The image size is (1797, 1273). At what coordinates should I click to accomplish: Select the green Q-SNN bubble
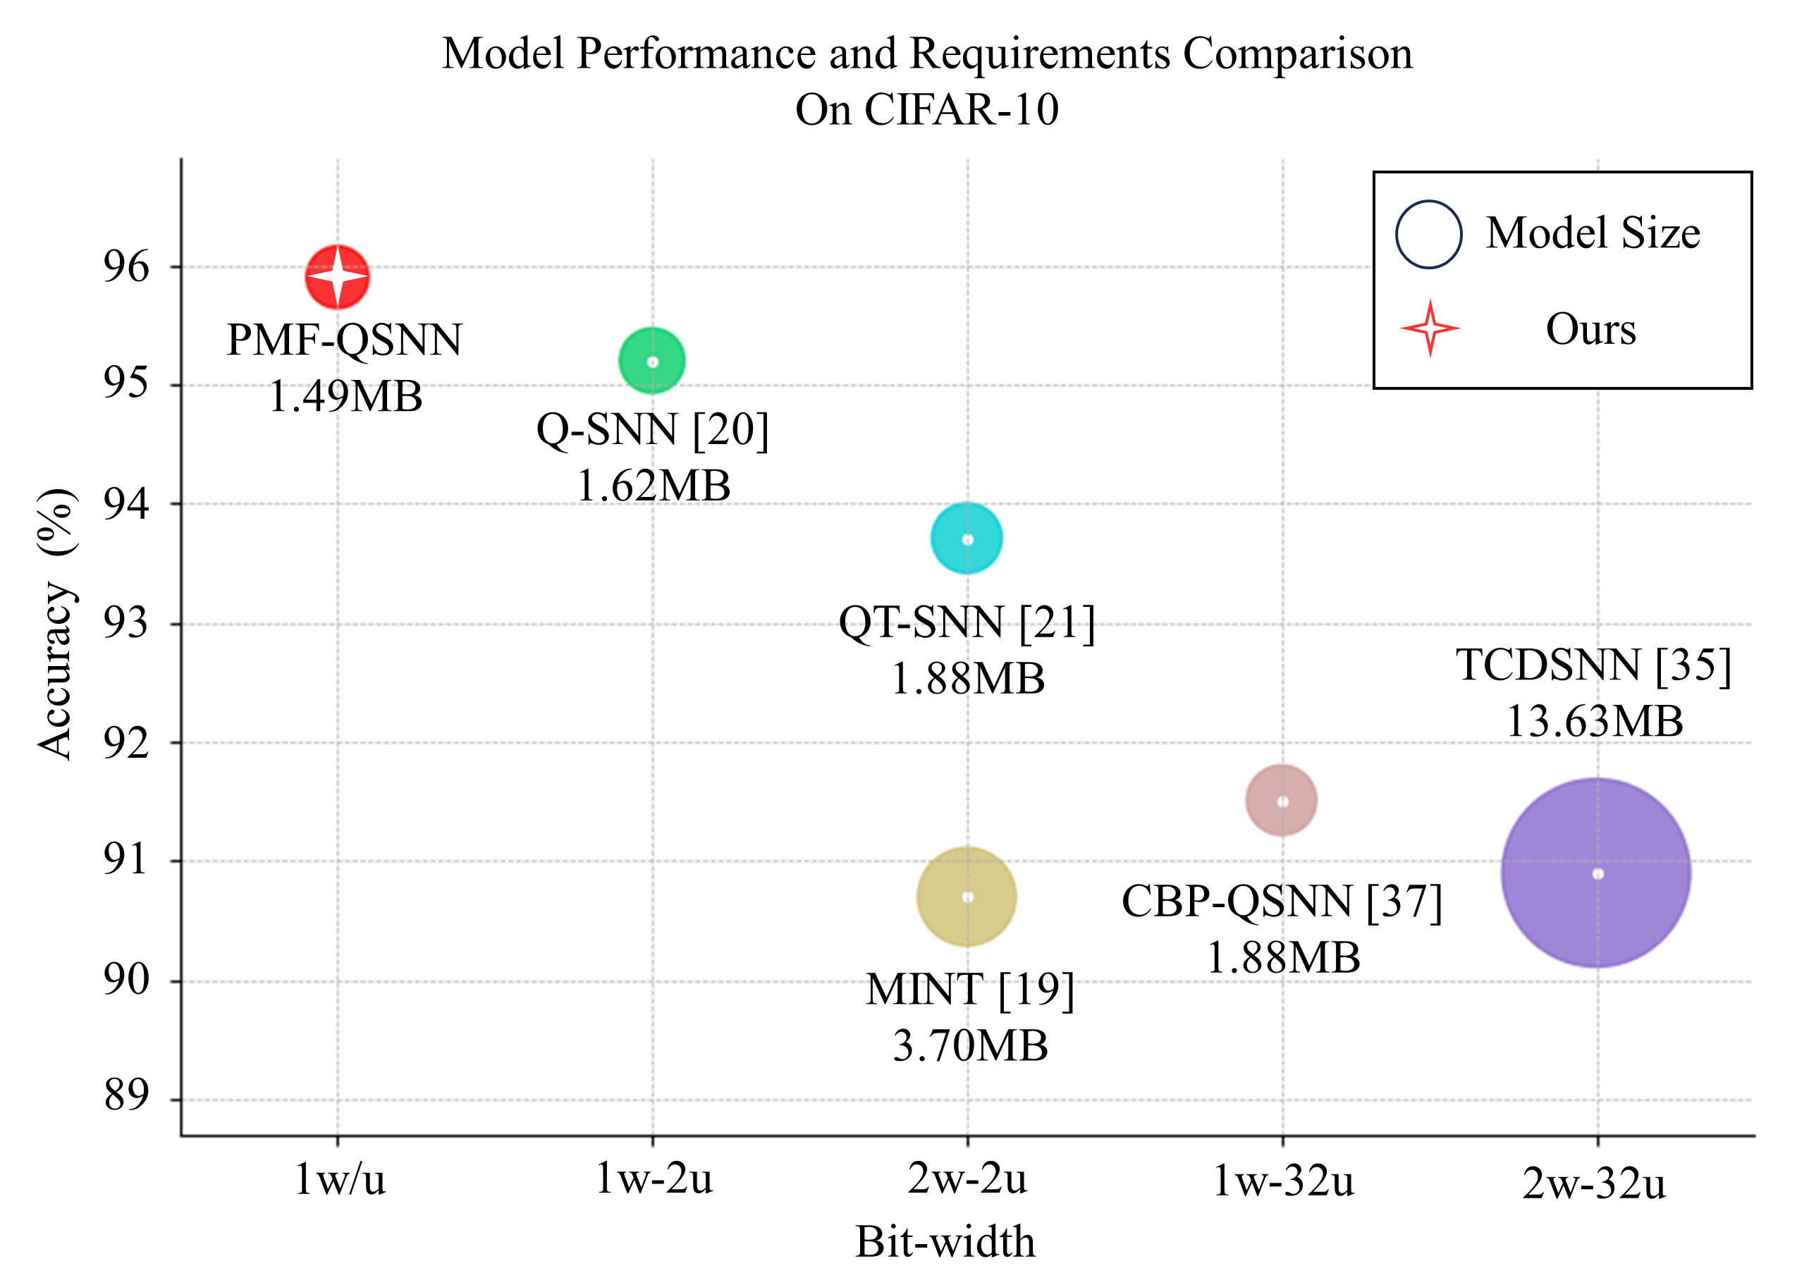click(652, 361)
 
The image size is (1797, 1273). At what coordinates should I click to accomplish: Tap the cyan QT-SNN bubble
click(967, 539)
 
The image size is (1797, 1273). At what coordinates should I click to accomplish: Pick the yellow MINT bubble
click(967, 897)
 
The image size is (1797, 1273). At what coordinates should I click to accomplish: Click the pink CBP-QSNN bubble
click(1281, 800)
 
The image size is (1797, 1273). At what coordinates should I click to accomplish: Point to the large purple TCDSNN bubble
click(1596, 873)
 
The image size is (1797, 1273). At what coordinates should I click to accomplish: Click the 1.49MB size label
click(345, 397)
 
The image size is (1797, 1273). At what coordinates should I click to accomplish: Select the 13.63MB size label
click(1595, 721)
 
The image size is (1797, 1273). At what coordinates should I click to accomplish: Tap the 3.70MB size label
click(970, 1047)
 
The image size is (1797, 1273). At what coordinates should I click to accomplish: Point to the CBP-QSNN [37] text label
click(1282, 902)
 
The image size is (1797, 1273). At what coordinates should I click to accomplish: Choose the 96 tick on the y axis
click(125, 266)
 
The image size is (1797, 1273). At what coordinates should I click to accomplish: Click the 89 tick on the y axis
click(125, 1095)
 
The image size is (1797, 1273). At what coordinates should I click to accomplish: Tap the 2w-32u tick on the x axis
click(1594, 1183)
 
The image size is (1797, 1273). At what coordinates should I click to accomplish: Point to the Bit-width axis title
click(945, 1242)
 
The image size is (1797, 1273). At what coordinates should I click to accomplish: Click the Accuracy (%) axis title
click(57, 624)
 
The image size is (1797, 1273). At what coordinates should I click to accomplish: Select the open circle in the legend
click(1428, 235)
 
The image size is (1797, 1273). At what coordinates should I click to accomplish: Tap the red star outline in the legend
click(1430, 328)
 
